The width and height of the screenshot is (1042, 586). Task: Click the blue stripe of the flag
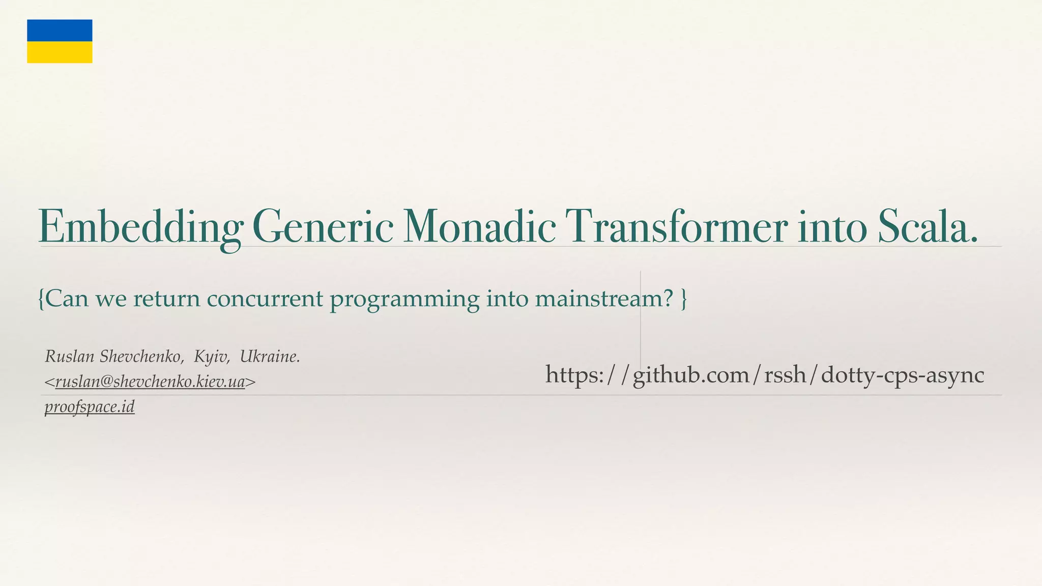point(60,31)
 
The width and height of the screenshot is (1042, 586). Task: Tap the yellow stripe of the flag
point(60,52)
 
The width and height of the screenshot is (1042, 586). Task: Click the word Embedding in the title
point(140,227)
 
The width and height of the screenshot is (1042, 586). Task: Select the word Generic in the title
point(322,227)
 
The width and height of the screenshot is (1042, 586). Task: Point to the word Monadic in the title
point(479,227)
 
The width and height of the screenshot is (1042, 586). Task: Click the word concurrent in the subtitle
point(265,299)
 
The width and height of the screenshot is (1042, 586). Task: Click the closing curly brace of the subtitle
point(684,299)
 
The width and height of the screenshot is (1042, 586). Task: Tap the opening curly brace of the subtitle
point(41,299)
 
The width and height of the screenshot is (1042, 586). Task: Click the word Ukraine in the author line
point(269,357)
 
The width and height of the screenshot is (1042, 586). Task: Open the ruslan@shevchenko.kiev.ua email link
point(150,382)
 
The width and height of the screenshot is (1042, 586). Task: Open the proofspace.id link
point(90,407)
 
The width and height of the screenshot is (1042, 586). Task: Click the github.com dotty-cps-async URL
point(764,375)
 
